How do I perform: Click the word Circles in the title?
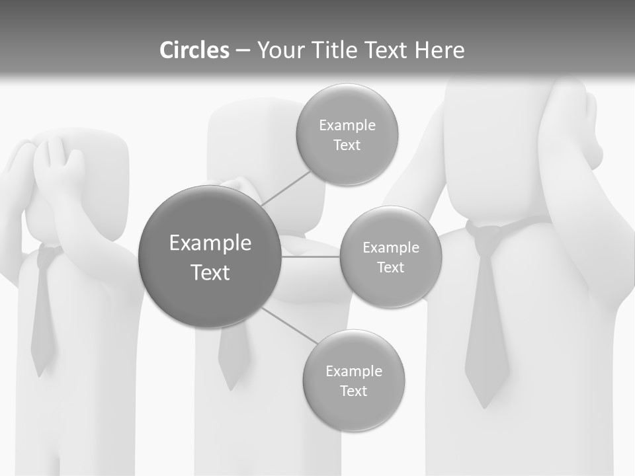[194, 50]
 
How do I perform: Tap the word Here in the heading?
[439, 50]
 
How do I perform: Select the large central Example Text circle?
[210, 257]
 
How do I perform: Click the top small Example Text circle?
[347, 134]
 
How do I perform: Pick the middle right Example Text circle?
[390, 257]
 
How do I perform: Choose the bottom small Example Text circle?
[353, 380]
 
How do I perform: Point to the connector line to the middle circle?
[311, 257]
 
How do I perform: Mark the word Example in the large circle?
[210, 243]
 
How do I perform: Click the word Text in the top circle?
[347, 145]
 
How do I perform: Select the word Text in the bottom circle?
[353, 391]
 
